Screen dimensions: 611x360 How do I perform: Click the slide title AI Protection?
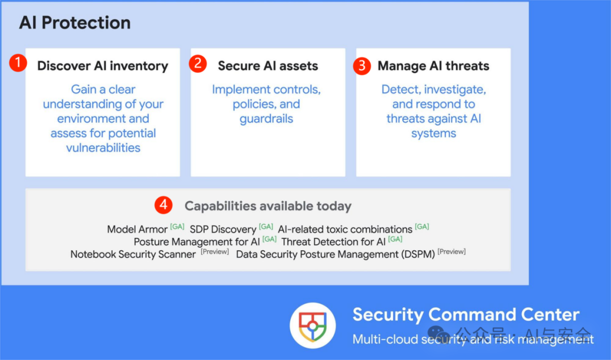[x=75, y=23]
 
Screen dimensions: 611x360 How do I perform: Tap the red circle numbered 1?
[x=18, y=63]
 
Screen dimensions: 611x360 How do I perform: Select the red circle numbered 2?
[x=198, y=63]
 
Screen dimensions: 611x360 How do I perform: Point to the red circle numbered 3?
[x=362, y=66]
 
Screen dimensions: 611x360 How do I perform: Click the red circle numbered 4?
[x=163, y=205]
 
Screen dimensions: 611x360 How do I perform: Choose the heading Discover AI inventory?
[x=103, y=66]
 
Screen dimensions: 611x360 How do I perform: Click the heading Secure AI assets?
[x=268, y=66]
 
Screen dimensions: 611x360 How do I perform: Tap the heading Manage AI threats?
[x=433, y=66]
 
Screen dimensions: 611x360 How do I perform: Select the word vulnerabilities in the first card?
[x=104, y=148]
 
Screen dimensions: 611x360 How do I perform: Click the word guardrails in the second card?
[x=266, y=119]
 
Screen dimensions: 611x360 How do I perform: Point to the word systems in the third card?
[x=434, y=134]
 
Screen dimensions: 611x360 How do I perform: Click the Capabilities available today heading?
[x=268, y=206]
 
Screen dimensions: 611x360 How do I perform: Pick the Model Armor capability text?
[x=137, y=229]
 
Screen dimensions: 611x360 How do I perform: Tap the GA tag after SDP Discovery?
[x=266, y=226]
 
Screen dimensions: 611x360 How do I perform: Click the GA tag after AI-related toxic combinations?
[x=422, y=226]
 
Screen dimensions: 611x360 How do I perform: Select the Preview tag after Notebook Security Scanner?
[x=215, y=251]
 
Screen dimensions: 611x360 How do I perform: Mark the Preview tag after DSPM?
[x=451, y=251]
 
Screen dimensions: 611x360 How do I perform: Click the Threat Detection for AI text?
[x=334, y=242]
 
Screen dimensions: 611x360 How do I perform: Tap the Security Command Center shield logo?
[x=312, y=325]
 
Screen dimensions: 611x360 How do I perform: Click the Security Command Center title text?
[x=466, y=314]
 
